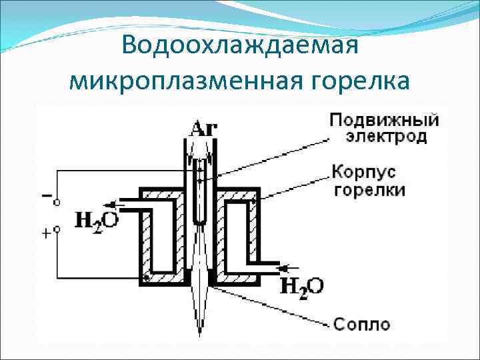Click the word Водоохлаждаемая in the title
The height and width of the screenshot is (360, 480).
pos(241,47)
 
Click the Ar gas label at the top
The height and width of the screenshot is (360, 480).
pos(203,128)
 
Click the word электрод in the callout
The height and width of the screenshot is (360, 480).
pos(385,137)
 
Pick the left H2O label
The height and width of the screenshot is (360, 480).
pos(97,220)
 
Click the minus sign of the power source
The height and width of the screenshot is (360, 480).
pos(46,197)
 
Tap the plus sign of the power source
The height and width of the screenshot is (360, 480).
pos(46,233)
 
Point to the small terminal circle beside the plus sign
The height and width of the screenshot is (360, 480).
pos(57,229)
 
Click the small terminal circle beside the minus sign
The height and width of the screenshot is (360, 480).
pos(57,201)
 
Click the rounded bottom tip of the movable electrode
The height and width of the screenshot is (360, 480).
pos(199,223)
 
